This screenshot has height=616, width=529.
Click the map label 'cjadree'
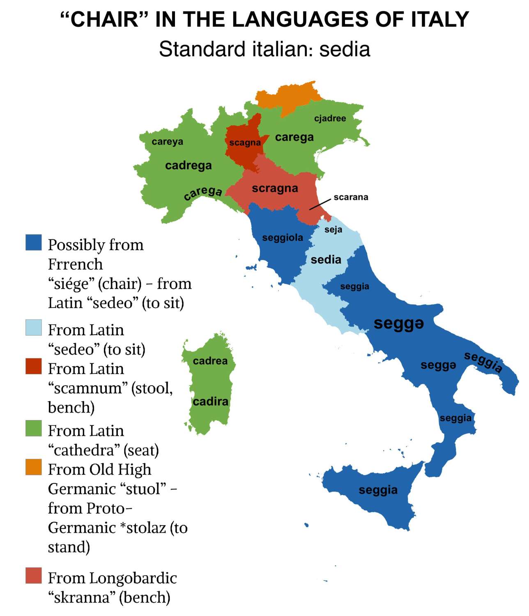(x=330, y=118)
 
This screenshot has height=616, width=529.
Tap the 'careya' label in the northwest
(x=167, y=142)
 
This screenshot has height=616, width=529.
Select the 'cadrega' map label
(x=189, y=165)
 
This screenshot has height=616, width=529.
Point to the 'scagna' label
(x=245, y=143)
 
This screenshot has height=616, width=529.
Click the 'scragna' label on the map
(x=275, y=188)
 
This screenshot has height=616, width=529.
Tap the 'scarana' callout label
(x=351, y=197)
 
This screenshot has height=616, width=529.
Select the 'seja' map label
(x=333, y=230)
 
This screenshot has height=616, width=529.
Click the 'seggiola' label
(x=283, y=237)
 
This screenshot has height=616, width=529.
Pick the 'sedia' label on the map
(x=326, y=260)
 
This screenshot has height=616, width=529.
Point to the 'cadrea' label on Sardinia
(x=210, y=361)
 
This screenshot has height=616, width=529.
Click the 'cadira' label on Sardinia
(x=210, y=401)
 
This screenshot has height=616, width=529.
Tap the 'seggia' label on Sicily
(x=378, y=490)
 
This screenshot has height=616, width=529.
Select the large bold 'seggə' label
(x=398, y=323)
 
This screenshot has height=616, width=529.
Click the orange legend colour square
(x=34, y=467)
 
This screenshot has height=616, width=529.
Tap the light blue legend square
(x=34, y=328)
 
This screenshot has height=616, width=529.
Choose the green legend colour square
(x=34, y=428)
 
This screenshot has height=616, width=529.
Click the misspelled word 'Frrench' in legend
(x=75, y=264)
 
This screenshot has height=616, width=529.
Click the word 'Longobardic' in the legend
(x=133, y=578)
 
